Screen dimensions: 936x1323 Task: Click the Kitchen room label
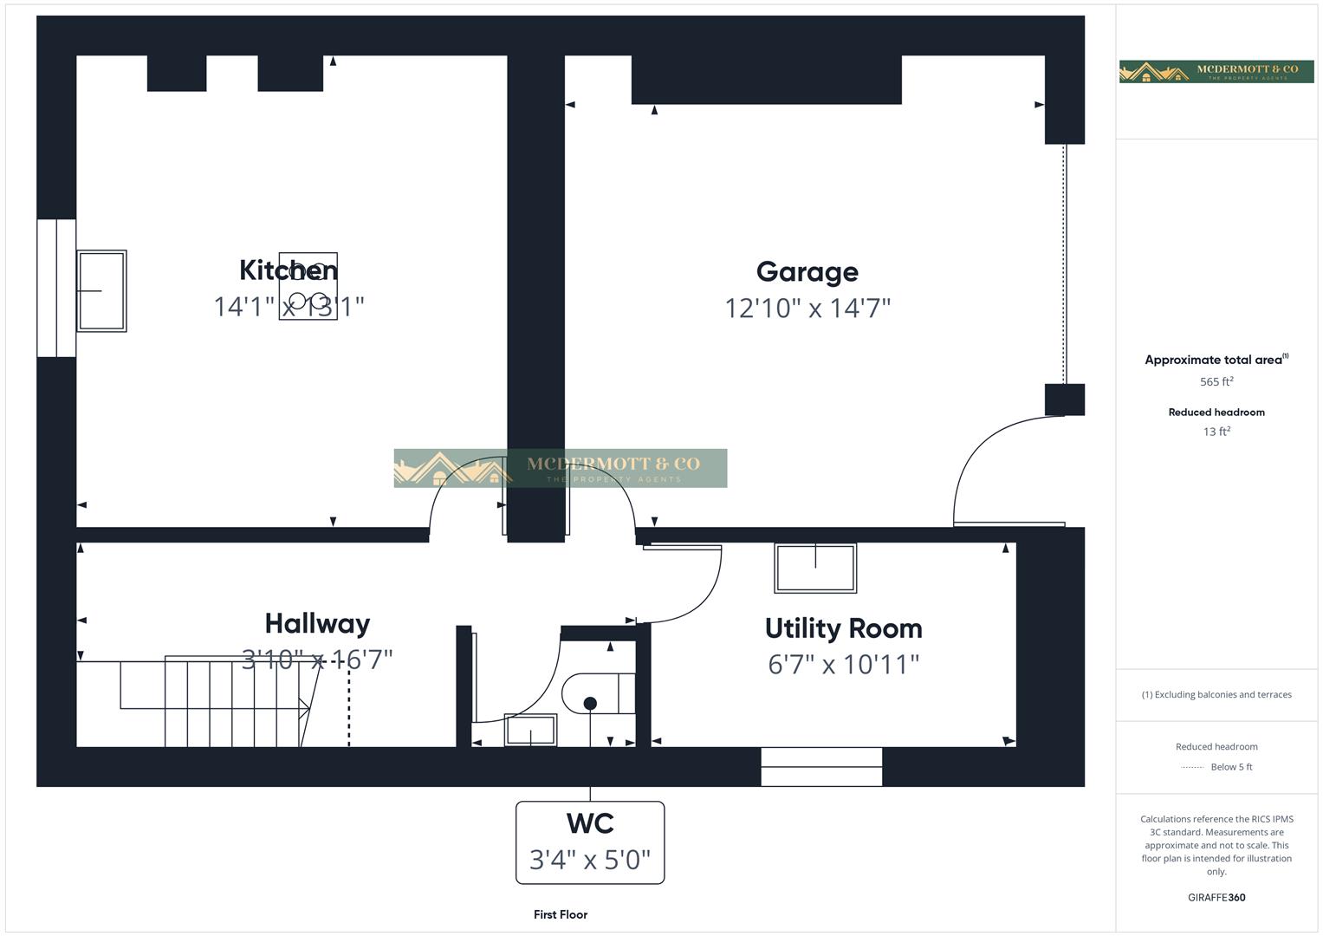click(288, 270)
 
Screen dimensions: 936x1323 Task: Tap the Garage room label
click(807, 272)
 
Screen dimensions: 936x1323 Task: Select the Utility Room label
click(843, 628)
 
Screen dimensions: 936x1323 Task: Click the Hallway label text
click(317, 623)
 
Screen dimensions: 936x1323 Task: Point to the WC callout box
click(590, 842)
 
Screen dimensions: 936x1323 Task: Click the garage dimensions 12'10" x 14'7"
click(807, 308)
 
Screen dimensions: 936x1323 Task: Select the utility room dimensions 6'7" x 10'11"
click(843, 665)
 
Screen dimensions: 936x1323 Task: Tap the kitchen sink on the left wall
click(101, 291)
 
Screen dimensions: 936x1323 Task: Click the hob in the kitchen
click(308, 287)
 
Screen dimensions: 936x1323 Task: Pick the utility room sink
click(815, 569)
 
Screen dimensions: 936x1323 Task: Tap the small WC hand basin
click(530, 731)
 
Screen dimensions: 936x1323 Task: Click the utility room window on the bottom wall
click(821, 767)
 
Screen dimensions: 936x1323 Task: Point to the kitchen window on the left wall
click(56, 288)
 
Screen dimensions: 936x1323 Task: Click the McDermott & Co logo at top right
click(1216, 71)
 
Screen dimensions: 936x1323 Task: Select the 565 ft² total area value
click(1216, 381)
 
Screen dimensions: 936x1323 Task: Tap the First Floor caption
click(561, 914)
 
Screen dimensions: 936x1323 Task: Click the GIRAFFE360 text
click(1216, 897)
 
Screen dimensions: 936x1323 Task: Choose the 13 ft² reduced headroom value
click(1216, 432)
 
